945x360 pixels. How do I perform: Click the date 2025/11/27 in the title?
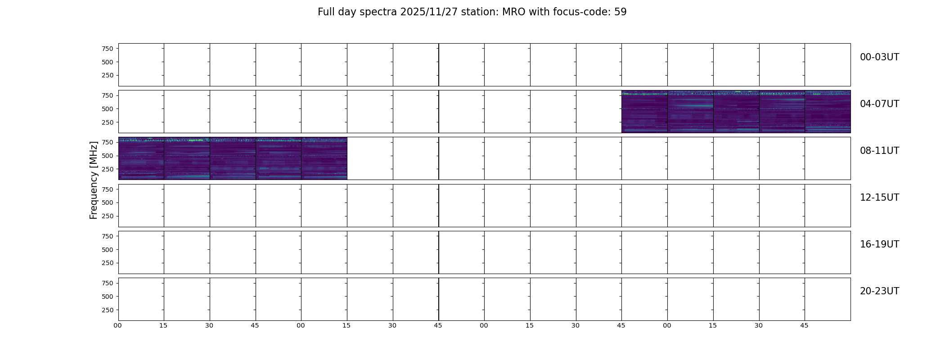(x=429, y=12)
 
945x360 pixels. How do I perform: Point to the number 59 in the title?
(x=621, y=12)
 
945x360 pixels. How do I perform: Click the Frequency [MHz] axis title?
(x=94, y=180)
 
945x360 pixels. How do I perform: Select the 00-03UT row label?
(x=879, y=57)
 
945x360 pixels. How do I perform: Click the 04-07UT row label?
(x=879, y=104)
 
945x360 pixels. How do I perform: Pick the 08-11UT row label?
(x=879, y=151)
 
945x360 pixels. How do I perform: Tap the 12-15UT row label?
(x=879, y=198)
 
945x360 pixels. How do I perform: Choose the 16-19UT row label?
(x=879, y=244)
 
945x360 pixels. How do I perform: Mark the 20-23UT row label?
(x=879, y=291)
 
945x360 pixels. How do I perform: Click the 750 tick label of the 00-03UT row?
(x=108, y=49)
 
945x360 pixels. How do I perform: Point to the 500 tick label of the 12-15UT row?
(x=108, y=202)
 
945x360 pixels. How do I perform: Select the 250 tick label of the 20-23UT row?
(x=108, y=310)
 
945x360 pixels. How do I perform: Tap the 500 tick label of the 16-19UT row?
(x=108, y=250)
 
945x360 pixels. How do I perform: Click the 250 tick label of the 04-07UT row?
(x=108, y=122)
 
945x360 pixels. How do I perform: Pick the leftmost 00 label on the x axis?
(x=118, y=325)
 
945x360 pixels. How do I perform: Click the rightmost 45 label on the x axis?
(x=804, y=325)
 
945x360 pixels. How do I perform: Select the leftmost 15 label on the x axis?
(x=163, y=325)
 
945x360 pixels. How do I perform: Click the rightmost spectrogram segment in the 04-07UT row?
(x=828, y=112)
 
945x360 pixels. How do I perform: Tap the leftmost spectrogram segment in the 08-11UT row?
(x=141, y=158)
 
